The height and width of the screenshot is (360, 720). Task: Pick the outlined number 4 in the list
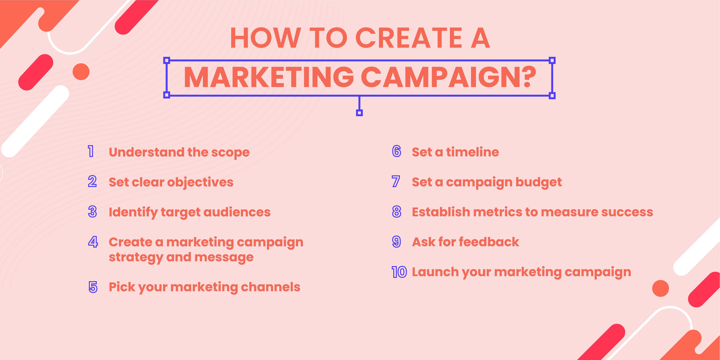(93, 242)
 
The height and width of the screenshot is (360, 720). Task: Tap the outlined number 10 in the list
(399, 272)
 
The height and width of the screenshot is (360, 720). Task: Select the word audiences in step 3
(237, 212)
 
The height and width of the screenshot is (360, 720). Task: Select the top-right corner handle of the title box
(552, 60)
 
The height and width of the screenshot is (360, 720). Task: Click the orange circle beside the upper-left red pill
(81, 72)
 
